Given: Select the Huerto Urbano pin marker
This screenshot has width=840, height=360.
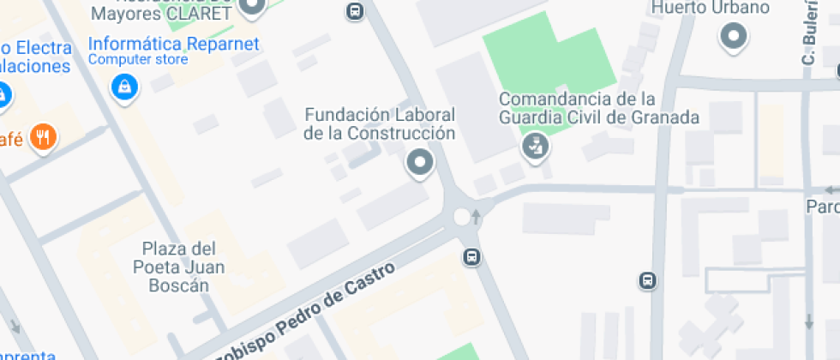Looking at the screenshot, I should click(x=734, y=36).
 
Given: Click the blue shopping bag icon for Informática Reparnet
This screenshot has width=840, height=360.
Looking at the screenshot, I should click(x=125, y=86).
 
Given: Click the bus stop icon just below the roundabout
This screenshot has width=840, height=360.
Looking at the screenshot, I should click(x=471, y=256).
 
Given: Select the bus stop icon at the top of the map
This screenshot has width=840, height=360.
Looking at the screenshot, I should click(x=354, y=10).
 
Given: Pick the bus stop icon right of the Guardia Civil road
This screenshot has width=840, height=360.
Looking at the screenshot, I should click(x=649, y=280).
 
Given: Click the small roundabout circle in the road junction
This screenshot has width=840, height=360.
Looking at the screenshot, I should click(x=463, y=216).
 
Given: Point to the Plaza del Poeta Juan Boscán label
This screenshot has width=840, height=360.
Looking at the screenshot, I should click(x=184, y=267).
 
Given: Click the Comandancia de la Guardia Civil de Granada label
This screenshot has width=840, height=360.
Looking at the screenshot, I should click(x=599, y=108).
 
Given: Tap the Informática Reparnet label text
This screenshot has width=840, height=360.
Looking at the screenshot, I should click(x=173, y=44).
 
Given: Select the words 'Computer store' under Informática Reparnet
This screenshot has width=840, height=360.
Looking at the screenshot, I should click(x=138, y=60).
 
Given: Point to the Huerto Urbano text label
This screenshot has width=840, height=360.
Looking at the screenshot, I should click(x=710, y=9).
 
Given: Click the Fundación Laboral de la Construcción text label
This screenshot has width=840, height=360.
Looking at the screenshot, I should click(x=380, y=123).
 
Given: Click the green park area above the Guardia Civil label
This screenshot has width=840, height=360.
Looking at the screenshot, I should click(x=549, y=64).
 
